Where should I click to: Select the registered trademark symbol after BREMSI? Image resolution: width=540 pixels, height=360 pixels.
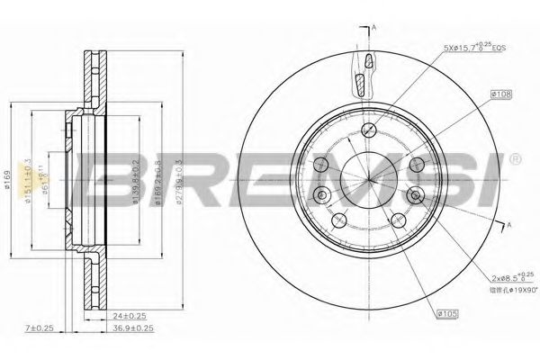click(514, 160)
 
